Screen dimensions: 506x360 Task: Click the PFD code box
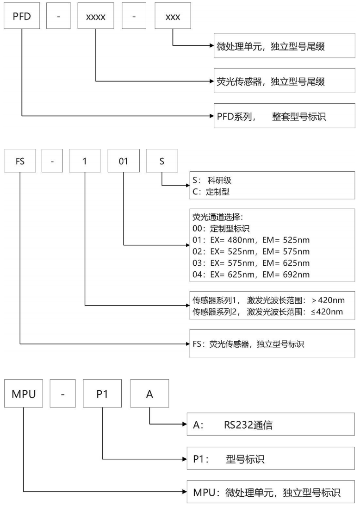22,17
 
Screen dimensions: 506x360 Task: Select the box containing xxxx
96,17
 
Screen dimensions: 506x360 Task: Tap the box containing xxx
172,17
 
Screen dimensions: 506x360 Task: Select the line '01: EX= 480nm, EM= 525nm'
250,240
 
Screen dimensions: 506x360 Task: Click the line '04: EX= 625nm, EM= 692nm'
250,275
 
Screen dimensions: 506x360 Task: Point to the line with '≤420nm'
267,311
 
